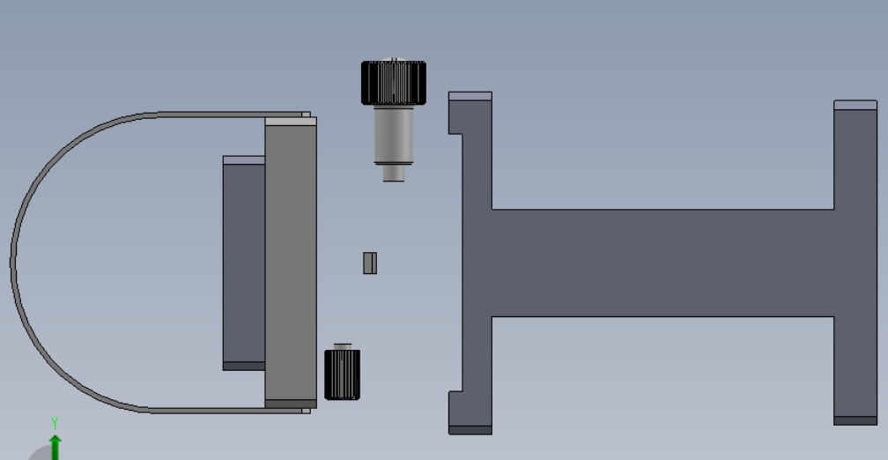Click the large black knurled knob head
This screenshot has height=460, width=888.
394,83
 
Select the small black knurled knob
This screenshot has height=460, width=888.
342,375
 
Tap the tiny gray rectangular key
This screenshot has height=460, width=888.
370,263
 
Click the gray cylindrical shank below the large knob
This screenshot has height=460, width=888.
394,135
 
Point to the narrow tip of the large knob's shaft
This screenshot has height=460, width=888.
394,173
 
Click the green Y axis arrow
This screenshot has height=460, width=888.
55,447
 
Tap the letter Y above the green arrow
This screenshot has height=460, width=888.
55,423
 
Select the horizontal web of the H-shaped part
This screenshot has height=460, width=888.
662,263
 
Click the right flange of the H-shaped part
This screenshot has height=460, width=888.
855,263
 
